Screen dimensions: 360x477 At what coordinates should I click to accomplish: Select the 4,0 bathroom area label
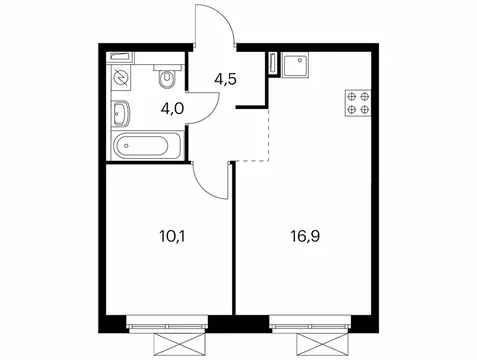[x=149, y=107]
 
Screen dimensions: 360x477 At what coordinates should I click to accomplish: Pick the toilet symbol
[x=168, y=76]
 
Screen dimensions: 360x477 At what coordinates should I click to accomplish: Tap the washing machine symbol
[x=122, y=77]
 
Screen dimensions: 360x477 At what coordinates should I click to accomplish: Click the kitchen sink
[x=296, y=67]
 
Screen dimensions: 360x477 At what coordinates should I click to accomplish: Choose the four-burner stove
[x=357, y=102]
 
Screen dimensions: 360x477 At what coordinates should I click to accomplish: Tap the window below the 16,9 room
[x=311, y=323]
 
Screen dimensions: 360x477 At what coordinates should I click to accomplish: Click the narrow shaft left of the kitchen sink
[x=271, y=64]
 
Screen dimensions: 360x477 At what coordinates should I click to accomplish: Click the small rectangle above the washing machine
[x=120, y=58]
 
